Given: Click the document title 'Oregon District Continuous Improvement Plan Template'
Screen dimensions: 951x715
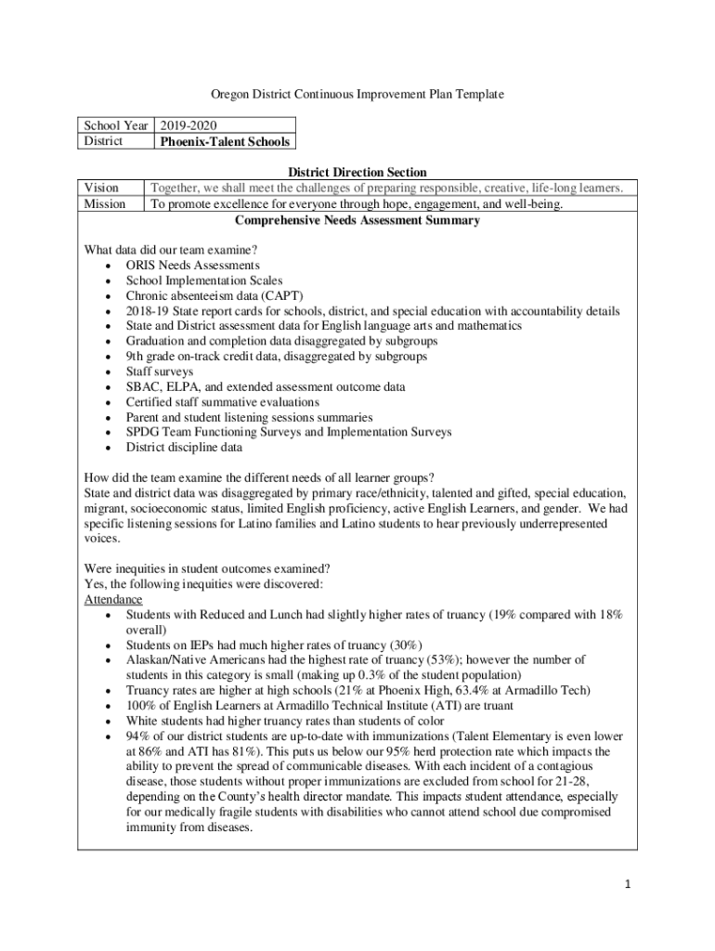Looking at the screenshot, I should pyautogui.click(x=357, y=95).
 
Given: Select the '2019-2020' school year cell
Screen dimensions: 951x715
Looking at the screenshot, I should pyautogui.click(x=189, y=125).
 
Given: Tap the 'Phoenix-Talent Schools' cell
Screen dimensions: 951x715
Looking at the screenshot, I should pyautogui.click(x=225, y=142).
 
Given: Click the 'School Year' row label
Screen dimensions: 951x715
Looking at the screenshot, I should pyautogui.click(x=117, y=125).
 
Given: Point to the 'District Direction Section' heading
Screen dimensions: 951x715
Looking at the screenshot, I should pyautogui.click(x=357, y=173).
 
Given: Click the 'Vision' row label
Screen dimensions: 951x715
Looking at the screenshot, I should pyautogui.click(x=101, y=189).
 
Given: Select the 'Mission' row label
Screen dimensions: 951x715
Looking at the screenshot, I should pyautogui.click(x=105, y=204).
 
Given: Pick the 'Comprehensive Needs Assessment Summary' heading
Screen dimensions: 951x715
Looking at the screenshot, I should pyautogui.click(x=357, y=221).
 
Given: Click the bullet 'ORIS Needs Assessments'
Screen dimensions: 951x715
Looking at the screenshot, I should pyautogui.click(x=192, y=266).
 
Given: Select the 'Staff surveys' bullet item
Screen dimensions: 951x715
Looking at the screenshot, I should pyautogui.click(x=160, y=371).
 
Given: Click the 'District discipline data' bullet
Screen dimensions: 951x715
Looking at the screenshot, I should pyautogui.click(x=184, y=448).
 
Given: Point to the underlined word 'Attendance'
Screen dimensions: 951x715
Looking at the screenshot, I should pyautogui.click(x=113, y=600).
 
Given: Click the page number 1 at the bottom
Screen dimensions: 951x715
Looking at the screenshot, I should pyautogui.click(x=628, y=884).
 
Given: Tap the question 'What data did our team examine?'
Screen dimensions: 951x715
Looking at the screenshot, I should pyautogui.click(x=171, y=251).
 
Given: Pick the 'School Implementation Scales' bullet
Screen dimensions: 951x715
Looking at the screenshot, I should pyautogui.click(x=204, y=280).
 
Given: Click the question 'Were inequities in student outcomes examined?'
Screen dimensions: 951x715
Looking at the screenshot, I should pyautogui.click(x=208, y=568).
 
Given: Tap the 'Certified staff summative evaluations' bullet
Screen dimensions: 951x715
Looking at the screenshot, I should pyautogui.click(x=223, y=402).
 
